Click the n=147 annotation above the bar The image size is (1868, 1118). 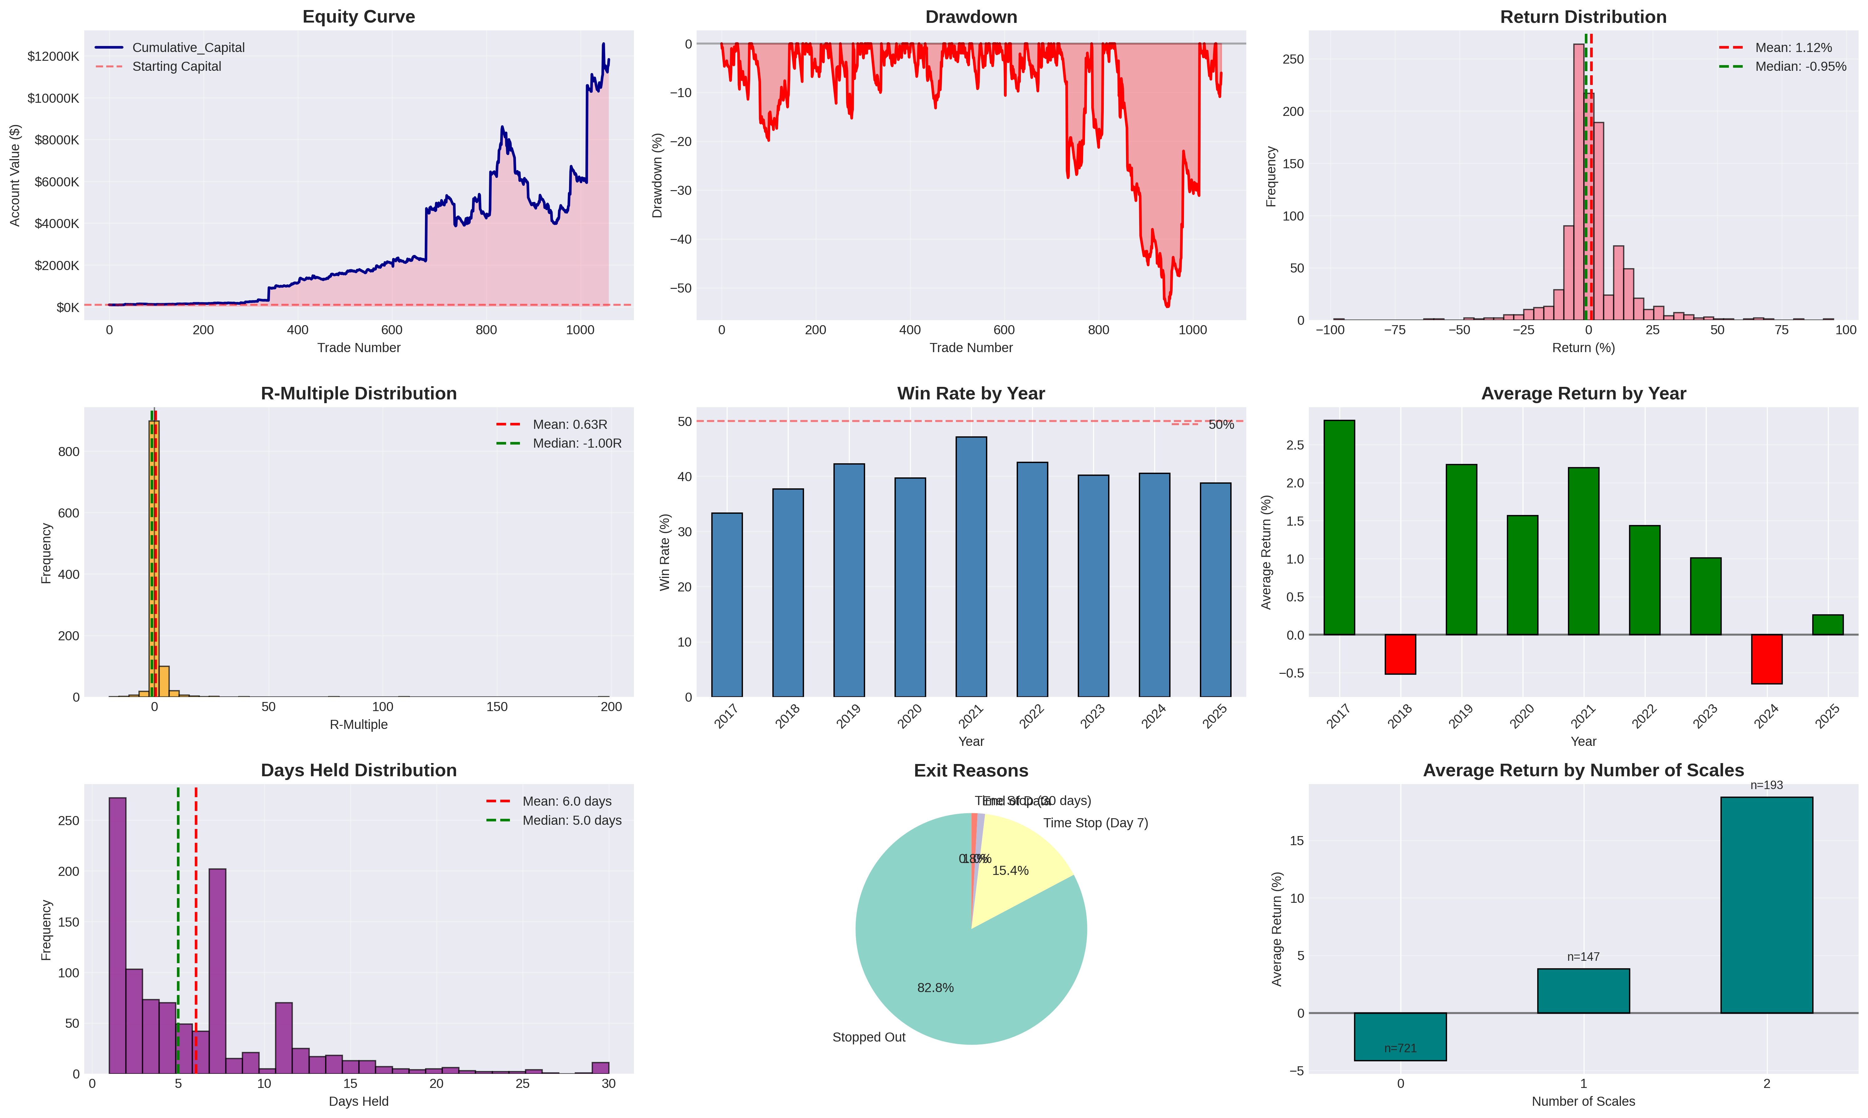1583,957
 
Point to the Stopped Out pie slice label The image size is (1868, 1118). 869,1037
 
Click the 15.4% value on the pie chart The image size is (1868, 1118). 1010,871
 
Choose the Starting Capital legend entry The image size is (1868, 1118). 176,66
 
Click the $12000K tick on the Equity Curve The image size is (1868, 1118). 53,56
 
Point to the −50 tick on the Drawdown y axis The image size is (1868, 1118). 680,289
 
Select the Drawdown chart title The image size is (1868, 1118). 971,17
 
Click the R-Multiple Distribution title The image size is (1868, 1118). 359,393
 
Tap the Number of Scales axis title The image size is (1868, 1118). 1583,1101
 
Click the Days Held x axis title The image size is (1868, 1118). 359,1101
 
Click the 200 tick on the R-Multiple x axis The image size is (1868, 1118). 611,707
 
